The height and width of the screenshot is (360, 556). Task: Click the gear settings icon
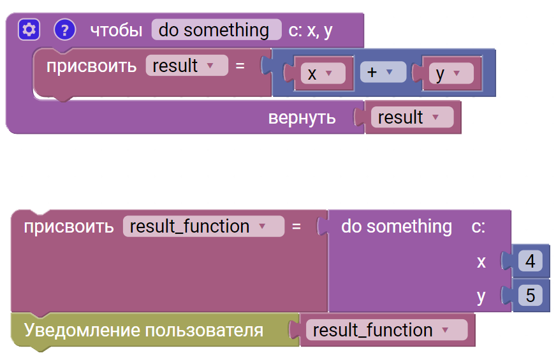(x=29, y=30)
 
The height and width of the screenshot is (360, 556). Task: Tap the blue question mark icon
(x=64, y=30)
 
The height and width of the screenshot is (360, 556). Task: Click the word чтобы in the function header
(x=116, y=31)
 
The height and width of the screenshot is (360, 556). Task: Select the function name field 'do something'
(x=217, y=30)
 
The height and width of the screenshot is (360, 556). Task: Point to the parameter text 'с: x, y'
(x=311, y=31)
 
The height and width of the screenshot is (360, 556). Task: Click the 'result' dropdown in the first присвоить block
(x=187, y=65)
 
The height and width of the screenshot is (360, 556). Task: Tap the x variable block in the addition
(x=323, y=73)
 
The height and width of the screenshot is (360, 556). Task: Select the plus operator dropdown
(x=383, y=72)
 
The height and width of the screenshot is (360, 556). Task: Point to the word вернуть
(x=302, y=118)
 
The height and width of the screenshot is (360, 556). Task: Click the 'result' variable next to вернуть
(x=413, y=117)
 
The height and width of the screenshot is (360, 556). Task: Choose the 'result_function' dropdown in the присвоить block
(x=203, y=226)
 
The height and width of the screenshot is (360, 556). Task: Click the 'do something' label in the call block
(x=397, y=226)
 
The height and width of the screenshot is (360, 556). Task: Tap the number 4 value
(x=530, y=261)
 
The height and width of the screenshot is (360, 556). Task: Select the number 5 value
(x=530, y=295)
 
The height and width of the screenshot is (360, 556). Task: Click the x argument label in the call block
(x=481, y=263)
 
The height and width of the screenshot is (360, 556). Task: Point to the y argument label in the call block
(x=481, y=297)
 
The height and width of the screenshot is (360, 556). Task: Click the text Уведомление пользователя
(x=143, y=330)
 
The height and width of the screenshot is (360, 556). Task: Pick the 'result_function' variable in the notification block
(x=387, y=330)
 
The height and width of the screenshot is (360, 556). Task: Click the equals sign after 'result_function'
(x=296, y=226)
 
